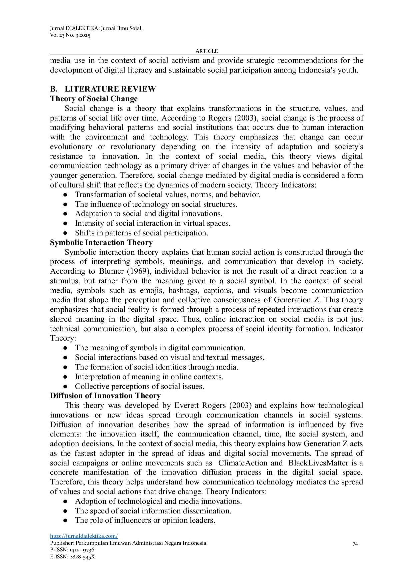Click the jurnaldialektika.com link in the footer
pos(84,536)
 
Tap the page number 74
pos(355,544)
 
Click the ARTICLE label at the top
pos(207,51)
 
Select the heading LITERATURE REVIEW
pos(110,89)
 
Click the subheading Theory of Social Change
pos(94,99)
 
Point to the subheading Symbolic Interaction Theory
pos(101,242)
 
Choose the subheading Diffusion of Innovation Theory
pos(105,396)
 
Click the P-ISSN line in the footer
pos(72,550)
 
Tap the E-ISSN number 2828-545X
pos(82,557)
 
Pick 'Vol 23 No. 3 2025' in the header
pos(70,35)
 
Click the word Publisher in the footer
pos(62,543)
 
